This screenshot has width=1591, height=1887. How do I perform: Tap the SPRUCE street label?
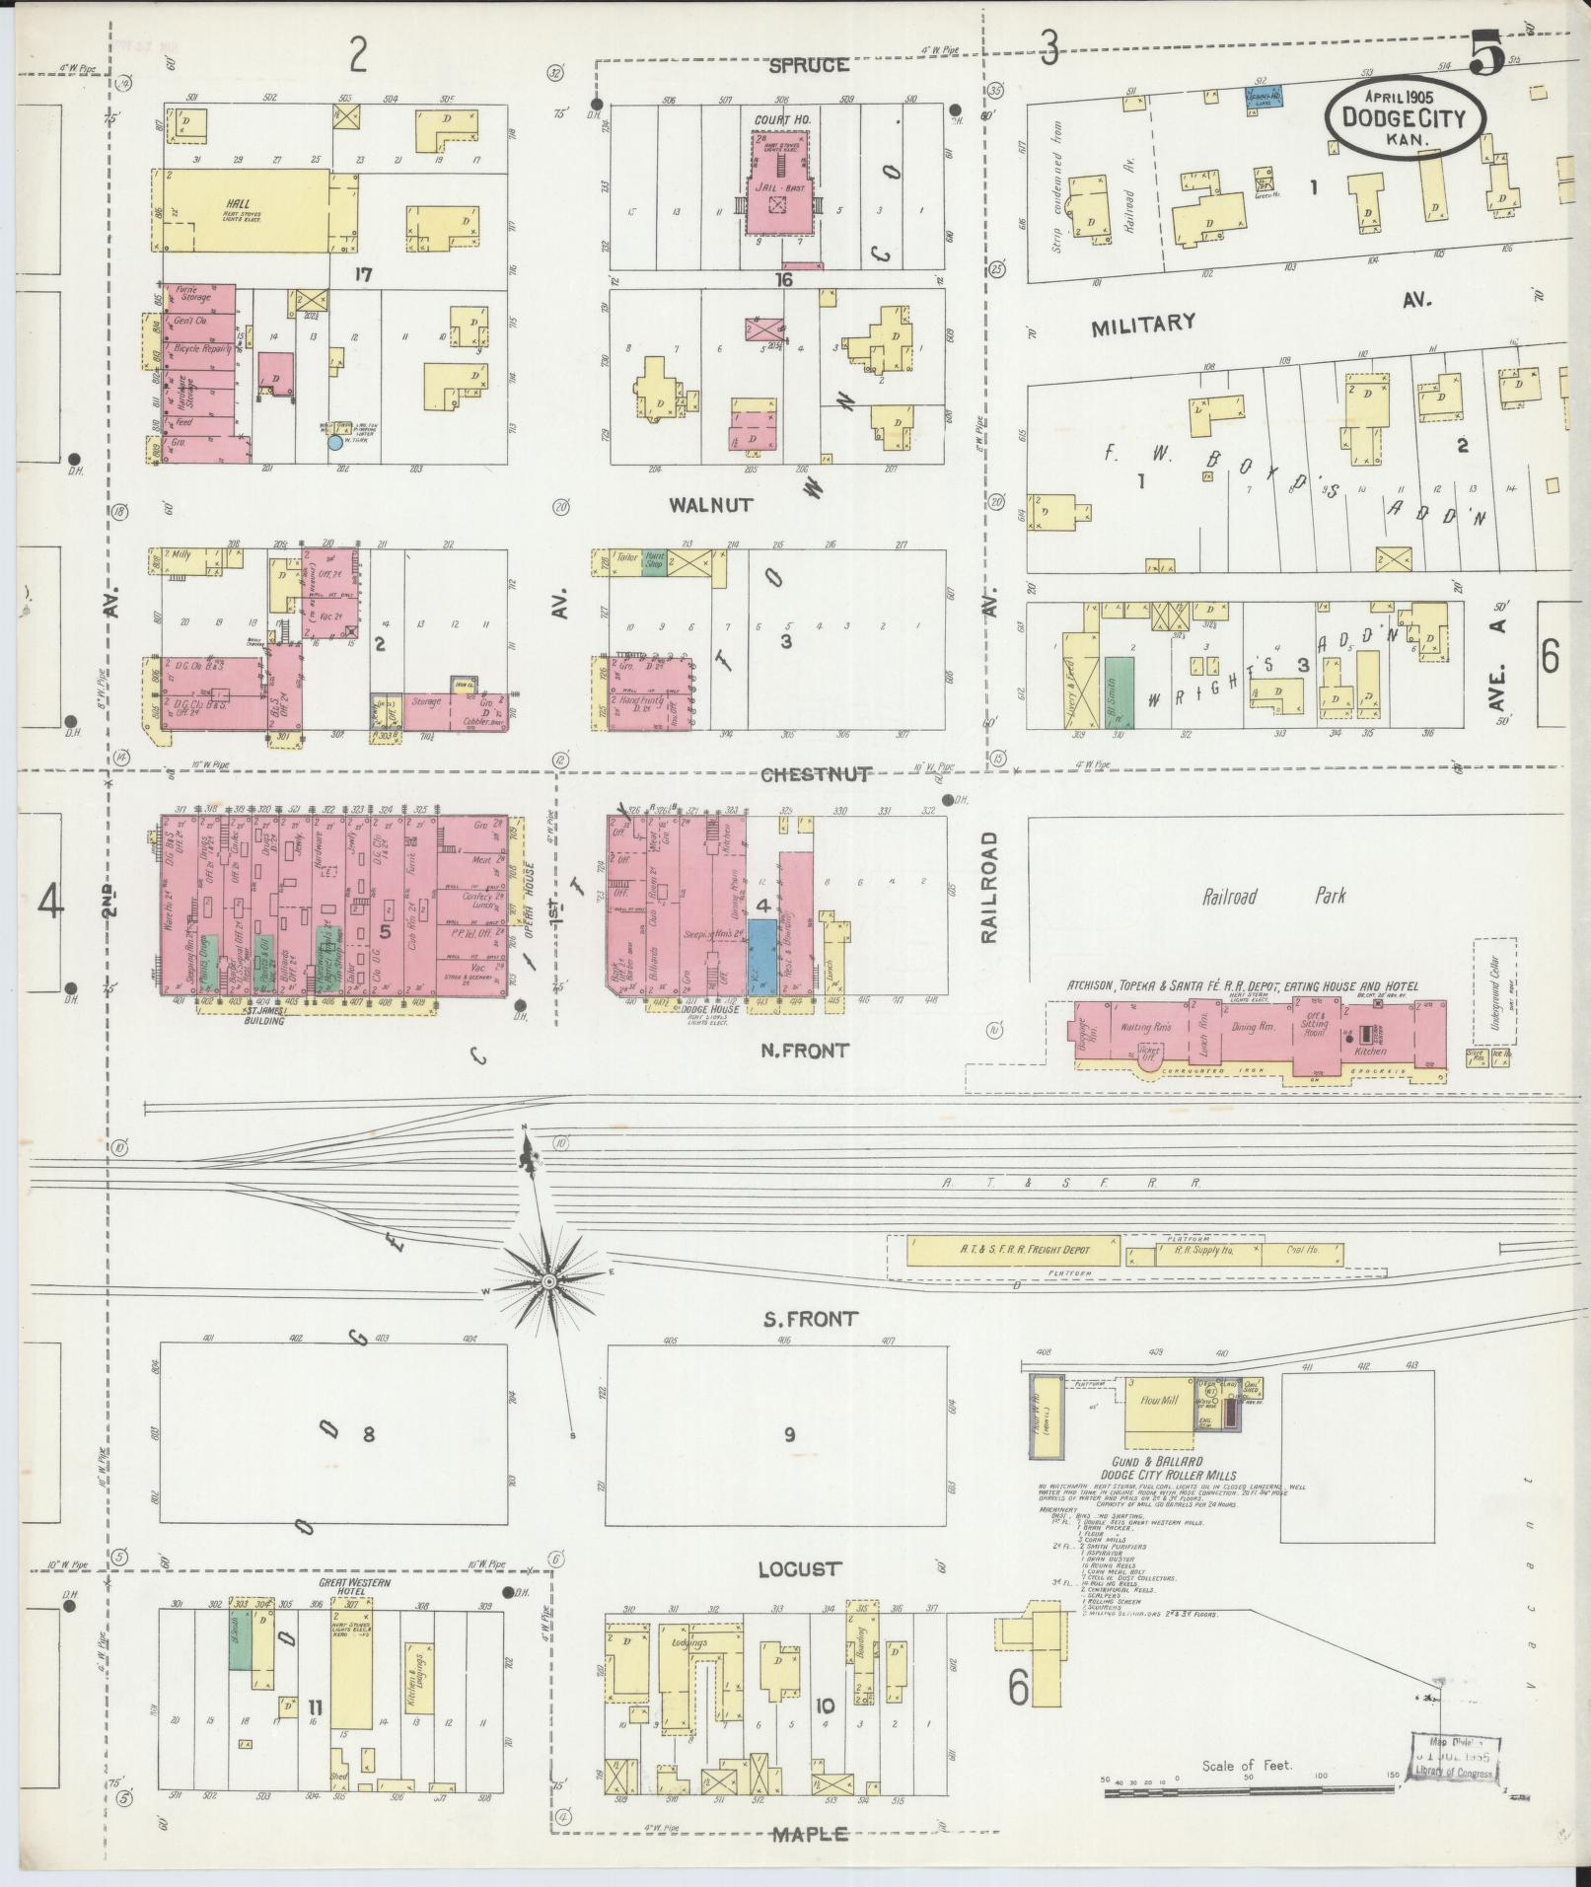pyautogui.click(x=809, y=65)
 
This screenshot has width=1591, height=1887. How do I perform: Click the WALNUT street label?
pyautogui.click(x=710, y=504)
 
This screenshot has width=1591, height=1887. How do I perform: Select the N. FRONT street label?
pyautogui.click(x=804, y=1051)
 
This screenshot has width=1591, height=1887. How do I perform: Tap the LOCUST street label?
pyautogui.click(x=800, y=1568)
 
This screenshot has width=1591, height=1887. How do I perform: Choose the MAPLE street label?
pyautogui.click(x=809, y=1834)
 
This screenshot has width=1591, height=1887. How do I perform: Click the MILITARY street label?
pyautogui.click(x=1143, y=324)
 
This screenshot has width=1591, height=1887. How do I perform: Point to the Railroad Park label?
pyautogui.click(x=1273, y=897)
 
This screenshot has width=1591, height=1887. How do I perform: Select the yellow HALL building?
pyautogui.click(x=242, y=210)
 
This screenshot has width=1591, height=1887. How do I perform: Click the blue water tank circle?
pyautogui.click(x=335, y=443)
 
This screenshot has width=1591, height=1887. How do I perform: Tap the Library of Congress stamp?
pyautogui.click(x=1453, y=1758)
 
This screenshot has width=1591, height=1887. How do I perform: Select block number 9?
pyautogui.click(x=789, y=1434)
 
